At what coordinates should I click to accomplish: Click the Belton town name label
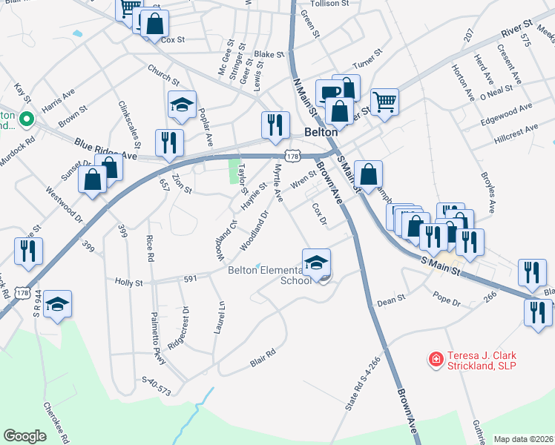pos(321,132)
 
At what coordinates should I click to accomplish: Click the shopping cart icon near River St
pos(384,102)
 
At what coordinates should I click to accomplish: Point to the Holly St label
pos(128,282)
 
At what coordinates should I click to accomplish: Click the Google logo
pos(24,436)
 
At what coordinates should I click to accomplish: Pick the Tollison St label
pos(329,4)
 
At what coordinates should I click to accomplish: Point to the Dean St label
pos(391,301)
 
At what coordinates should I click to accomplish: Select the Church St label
pos(163,74)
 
